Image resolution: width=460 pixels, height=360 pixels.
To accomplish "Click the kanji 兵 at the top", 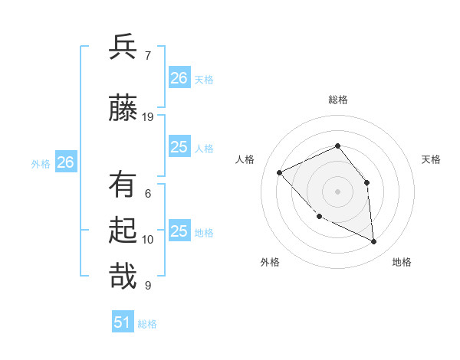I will [x=123, y=47].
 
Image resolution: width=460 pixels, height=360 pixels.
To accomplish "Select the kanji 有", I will [x=123, y=185].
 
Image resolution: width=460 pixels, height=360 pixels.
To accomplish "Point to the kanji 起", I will [x=123, y=231].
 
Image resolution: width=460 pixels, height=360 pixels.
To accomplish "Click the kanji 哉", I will [x=123, y=276].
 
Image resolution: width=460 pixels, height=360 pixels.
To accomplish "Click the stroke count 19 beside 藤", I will [x=148, y=117].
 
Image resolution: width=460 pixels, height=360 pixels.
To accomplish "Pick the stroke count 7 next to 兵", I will [x=148, y=55].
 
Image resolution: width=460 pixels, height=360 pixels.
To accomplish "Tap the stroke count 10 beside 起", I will [x=148, y=240].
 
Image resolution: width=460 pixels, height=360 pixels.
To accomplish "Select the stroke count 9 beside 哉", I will [x=148, y=286].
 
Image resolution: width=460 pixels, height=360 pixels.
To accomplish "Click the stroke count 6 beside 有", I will [x=148, y=194].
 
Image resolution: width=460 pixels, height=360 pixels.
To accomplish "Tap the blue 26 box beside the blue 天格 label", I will [x=179, y=77].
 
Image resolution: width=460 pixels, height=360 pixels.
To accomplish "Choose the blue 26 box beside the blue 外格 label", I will [x=66, y=162].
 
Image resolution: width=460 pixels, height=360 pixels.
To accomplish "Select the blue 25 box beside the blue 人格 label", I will [x=179, y=147].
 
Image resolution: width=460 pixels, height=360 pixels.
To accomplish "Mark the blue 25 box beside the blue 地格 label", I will [x=179, y=231].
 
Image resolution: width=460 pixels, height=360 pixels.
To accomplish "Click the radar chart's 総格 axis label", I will [x=337, y=100].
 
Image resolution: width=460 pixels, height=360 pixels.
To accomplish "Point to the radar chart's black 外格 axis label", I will [x=270, y=262].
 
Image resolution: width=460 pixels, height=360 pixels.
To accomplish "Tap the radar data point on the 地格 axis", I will [x=374, y=241].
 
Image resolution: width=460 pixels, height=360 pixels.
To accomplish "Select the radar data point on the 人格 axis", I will [x=279, y=172].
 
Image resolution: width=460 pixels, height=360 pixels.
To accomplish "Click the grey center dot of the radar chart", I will [x=337, y=191].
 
